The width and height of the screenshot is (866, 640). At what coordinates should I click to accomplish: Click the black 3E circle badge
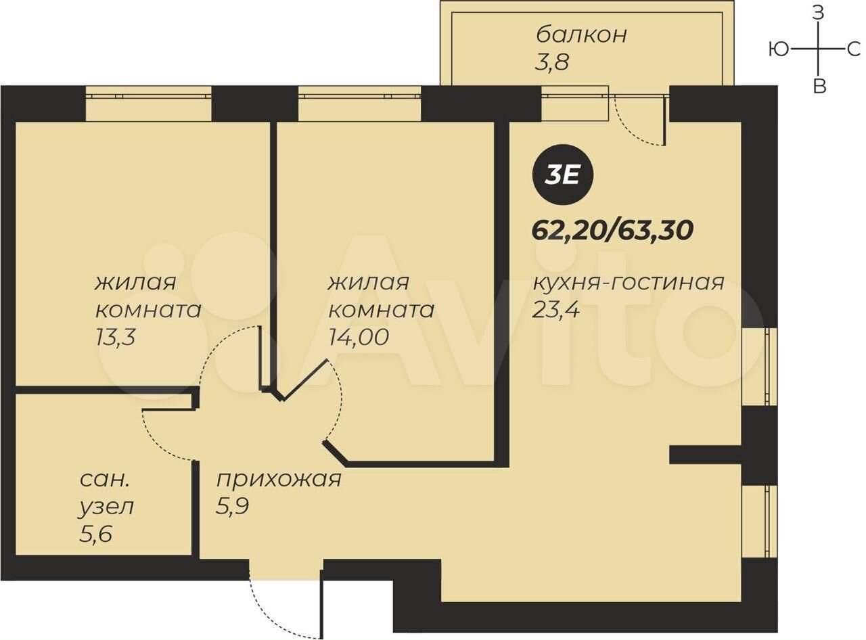click(x=562, y=176)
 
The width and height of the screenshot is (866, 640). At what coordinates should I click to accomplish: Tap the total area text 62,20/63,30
click(x=612, y=231)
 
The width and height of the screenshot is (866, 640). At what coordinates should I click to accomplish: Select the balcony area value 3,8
click(x=551, y=62)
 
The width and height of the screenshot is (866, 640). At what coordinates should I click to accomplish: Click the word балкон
click(x=581, y=35)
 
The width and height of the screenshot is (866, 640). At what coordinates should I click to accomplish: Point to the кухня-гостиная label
click(x=629, y=283)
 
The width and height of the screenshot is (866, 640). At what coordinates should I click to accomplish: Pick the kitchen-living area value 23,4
click(x=555, y=311)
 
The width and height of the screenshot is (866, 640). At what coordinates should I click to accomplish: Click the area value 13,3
click(x=115, y=337)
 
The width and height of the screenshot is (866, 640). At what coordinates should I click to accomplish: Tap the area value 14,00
click(x=359, y=337)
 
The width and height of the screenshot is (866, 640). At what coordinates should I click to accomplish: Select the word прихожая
click(x=279, y=480)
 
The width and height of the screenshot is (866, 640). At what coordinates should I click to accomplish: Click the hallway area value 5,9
click(x=232, y=506)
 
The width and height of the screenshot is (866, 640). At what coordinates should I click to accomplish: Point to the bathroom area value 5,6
click(x=95, y=534)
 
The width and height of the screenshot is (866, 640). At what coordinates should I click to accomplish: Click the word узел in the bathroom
click(x=106, y=507)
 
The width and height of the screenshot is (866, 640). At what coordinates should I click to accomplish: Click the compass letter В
click(x=819, y=86)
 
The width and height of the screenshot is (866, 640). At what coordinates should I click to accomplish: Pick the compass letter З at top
click(x=819, y=13)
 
